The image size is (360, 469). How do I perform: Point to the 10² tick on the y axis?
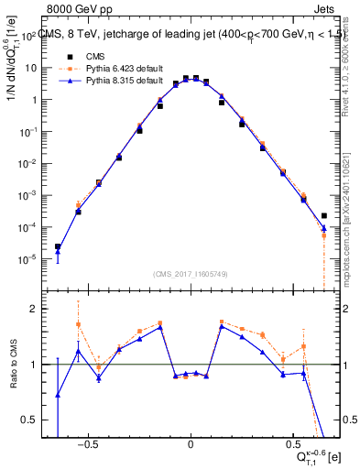[x=30, y=36]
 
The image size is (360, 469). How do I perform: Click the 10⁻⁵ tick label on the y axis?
[x=30, y=259]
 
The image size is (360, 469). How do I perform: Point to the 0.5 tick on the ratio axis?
[x=30, y=420]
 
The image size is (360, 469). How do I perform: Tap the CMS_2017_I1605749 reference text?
[x=191, y=273]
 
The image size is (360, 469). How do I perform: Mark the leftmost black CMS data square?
[x=58, y=246]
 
